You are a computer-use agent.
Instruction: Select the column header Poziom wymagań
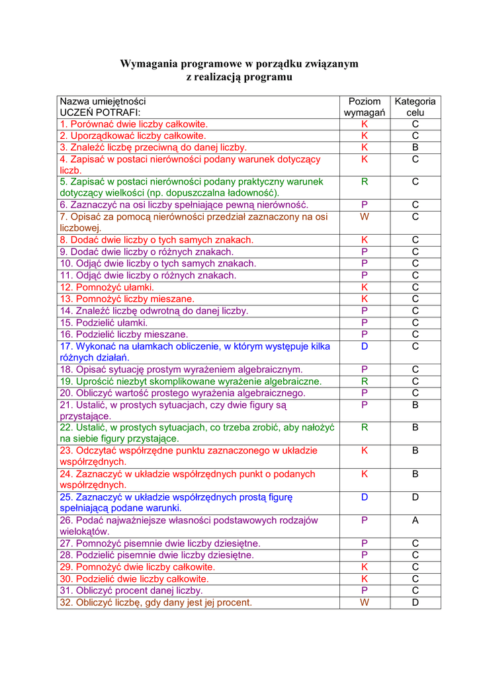tap(365, 107)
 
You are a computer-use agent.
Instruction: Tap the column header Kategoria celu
tap(415, 107)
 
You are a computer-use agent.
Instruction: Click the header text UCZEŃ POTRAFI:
tap(101, 113)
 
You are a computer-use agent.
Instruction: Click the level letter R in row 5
tap(365, 181)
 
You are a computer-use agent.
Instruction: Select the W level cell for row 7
tap(365, 216)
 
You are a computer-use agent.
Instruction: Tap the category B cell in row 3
tap(415, 147)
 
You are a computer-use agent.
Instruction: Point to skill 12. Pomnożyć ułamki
tap(107, 288)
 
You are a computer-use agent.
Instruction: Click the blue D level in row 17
tap(365, 346)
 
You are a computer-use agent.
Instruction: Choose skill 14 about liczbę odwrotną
tap(154, 311)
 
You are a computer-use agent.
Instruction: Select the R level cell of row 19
tap(365, 381)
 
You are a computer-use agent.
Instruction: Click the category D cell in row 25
tap(415, 497)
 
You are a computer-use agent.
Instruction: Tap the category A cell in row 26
tap(415, 520)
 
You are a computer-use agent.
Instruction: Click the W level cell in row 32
tap(365, 602)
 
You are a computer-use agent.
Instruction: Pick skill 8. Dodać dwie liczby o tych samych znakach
tap(157, 240)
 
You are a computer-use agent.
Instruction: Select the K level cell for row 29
tap(365, 567)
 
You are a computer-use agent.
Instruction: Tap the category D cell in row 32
tap(415, 602)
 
